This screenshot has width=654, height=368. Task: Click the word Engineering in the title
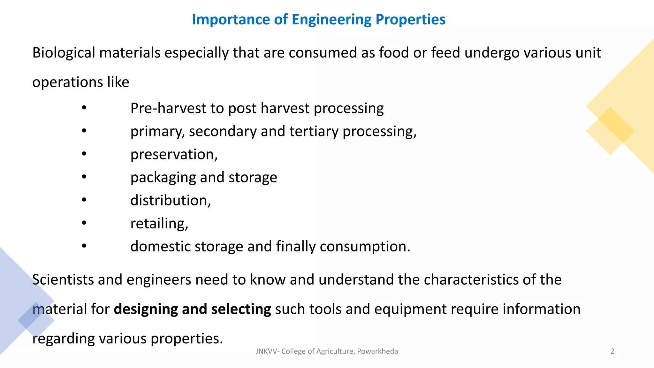point(331,20)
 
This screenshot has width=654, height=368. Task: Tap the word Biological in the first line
point(64,53)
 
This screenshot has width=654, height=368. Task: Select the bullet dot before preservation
point(84,154)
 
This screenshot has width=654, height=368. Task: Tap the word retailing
point(159,223)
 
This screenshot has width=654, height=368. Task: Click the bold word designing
point(146,309)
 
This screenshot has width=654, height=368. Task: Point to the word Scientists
point(63,280)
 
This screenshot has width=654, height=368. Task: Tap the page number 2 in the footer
point(612,351)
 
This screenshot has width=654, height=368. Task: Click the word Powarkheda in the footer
point(377,351)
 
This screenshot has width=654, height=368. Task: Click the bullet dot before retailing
point(84,223)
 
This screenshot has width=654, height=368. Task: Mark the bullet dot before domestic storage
point(84,246)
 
